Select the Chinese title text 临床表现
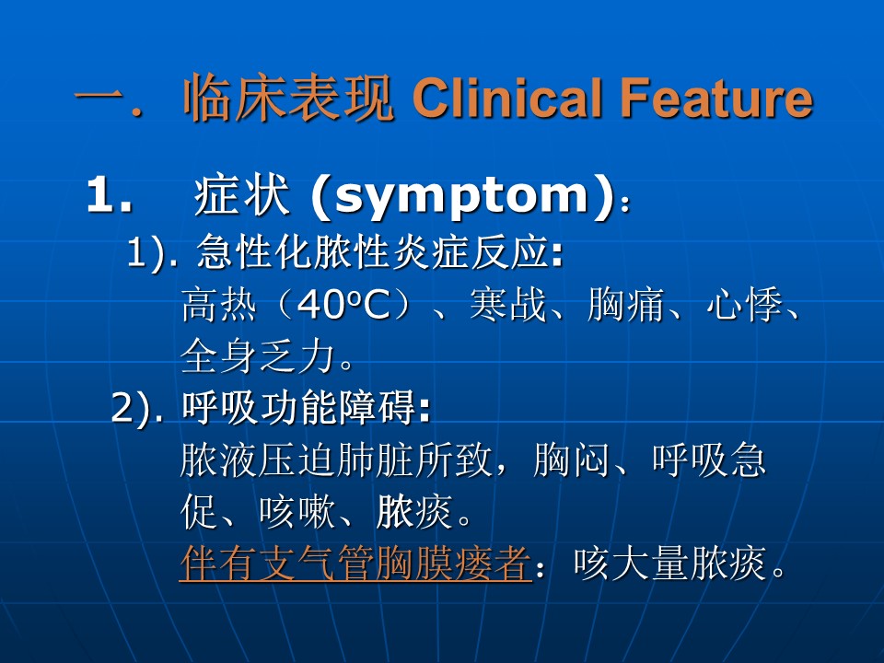(x=288, y=99)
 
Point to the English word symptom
(x=461, y=197)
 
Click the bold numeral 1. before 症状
(x=110, y=195)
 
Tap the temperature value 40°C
(x=343, y=306)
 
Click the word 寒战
(x=508, y=305)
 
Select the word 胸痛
(x=625, y=305)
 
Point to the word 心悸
(x=744, y=305)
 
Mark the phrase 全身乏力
(x=258, y=356)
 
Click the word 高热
(x=219, y=305)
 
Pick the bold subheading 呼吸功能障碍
(x=299, y=408)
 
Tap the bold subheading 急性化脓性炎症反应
(x=373, y=252)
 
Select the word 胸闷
(x=571, y=460)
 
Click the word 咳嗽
(x=297, y=512)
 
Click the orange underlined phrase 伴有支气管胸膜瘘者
(x=355, y=564)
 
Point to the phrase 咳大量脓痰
(x=669, y=564)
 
